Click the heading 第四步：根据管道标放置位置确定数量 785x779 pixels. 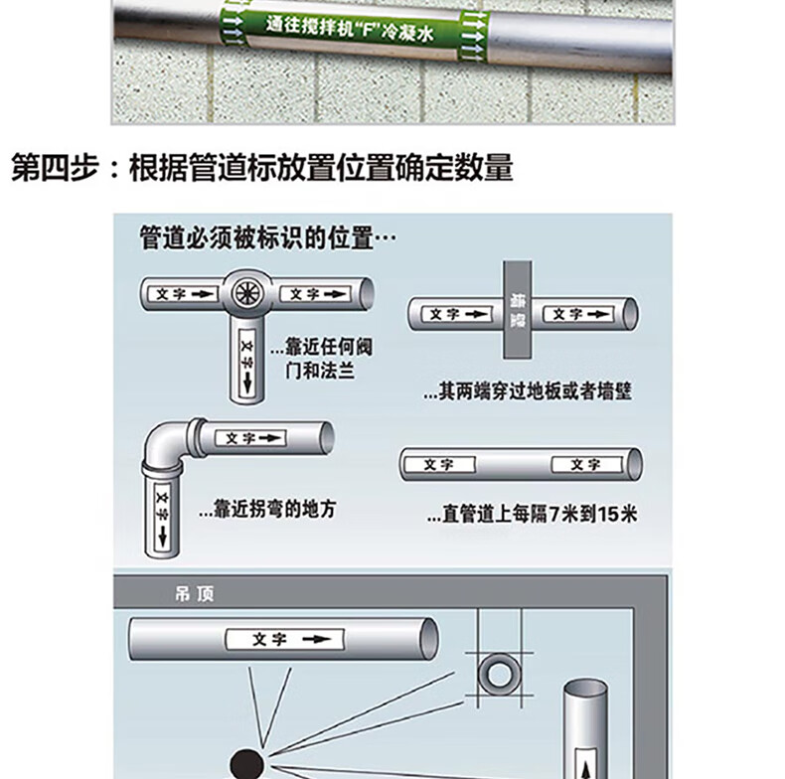point(262,167)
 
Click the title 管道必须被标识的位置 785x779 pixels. point(267,237)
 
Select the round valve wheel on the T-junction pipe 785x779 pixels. point(246,293)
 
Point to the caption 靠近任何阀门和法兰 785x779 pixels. point(322,359)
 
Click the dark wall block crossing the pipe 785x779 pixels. point(518,309)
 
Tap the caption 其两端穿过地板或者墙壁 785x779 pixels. point(528,391)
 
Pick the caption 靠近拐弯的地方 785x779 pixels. point(267,509)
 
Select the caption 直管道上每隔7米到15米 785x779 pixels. point(533,514)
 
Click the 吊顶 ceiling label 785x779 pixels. point(194,594)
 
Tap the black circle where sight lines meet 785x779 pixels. point(246,764)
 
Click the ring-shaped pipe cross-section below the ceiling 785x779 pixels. point(499,674)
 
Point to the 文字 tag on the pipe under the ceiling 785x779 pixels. point(285,639)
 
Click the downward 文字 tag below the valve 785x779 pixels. point(247,364)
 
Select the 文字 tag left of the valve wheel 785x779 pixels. point(183,294)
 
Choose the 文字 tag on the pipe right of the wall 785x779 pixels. point(578,314)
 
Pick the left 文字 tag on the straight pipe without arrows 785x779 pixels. point(439,465)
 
